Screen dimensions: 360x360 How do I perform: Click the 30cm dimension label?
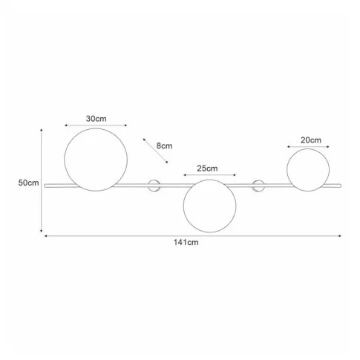click(x=96, y=119)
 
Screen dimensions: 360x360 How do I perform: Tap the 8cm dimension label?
click(x=164, y=145)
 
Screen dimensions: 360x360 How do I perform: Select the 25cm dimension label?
click(x=207, y=168)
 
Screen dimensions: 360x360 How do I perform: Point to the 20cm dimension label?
click(x=311, y=140)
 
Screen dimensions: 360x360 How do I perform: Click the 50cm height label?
click(x=29, y=183)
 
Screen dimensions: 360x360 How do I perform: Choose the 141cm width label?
click(x=186, y=242)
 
